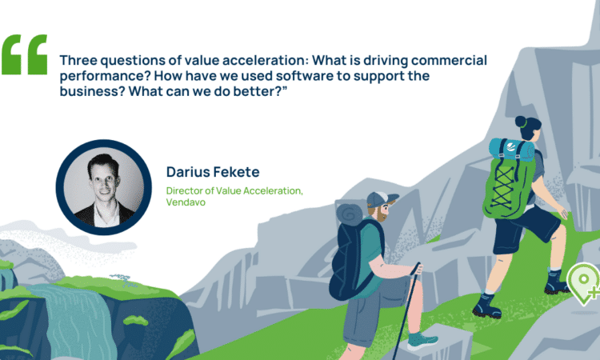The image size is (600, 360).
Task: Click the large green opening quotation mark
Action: click(25, 54)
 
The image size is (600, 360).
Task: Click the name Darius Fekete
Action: click(213, 172)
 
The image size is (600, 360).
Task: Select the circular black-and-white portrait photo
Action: click(104, 187)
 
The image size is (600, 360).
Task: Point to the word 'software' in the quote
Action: click(305, 75)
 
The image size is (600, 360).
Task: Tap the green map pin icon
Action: click(583, 283)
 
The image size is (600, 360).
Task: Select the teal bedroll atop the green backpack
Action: click(511, 150)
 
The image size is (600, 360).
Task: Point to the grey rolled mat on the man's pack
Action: click(350, 214)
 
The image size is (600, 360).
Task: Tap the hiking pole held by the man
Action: click(406, 310)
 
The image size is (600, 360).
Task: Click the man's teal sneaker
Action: click(422, 340)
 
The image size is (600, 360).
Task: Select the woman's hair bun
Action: click(521, 122)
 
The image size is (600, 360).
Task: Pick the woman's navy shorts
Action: click(523, 228)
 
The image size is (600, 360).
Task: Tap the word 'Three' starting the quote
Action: click(78, 60)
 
